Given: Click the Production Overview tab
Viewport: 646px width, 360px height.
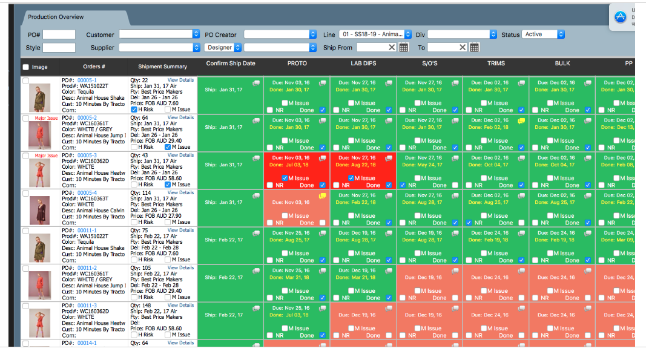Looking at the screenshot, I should coord(56,17).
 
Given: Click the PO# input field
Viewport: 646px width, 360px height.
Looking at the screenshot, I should coord(59,34).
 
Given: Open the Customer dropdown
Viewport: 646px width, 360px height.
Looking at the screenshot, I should coord(159,34).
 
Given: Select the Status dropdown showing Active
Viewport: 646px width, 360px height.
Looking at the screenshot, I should coord(543,34).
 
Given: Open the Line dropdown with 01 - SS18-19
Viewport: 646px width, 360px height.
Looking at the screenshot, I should coord(375,34).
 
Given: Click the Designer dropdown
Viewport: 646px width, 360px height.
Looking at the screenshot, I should coord(223,47).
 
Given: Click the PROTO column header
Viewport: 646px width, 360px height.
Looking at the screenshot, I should coord(297,64).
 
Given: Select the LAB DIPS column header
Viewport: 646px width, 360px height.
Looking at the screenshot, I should coord(363,64).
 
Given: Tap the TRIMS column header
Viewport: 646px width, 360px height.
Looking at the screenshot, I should coord(496,64).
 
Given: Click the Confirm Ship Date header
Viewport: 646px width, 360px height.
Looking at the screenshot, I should coord(231,64).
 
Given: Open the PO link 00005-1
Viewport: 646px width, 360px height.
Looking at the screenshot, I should coord(87,80).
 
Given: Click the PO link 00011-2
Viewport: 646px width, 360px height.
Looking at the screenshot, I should coord(87,267).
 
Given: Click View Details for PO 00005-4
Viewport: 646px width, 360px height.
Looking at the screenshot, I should coord(180,192).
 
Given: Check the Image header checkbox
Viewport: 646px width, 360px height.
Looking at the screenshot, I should coord(25,67).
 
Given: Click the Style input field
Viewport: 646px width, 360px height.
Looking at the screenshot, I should coord(59,48).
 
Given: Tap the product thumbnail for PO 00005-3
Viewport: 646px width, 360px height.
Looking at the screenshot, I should coord(40,172).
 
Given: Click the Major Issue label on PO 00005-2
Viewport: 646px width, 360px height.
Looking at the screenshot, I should coord(46,118).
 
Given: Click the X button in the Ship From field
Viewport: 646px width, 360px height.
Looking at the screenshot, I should coord(392,48).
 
